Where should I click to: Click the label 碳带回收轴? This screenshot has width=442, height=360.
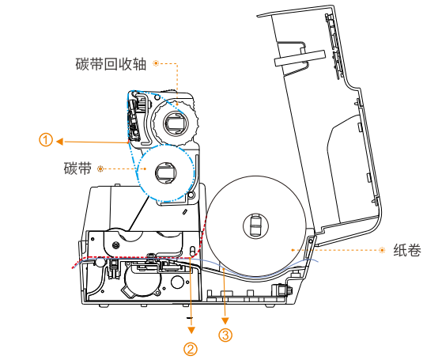point(111,64)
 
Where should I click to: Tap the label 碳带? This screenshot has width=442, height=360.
point(77,169)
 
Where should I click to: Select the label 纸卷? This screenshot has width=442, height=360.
point(407,250)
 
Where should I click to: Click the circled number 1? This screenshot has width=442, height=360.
point(46,140)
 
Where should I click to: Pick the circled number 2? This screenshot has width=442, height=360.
point(191,349)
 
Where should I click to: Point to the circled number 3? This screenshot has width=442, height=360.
point(225,335)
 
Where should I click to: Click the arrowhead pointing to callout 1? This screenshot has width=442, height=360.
point(59,142)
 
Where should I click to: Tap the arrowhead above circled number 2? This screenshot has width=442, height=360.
point(191,330)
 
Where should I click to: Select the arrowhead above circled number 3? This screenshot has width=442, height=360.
point(225,320)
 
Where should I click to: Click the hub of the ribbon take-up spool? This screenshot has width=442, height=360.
point(176,123)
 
